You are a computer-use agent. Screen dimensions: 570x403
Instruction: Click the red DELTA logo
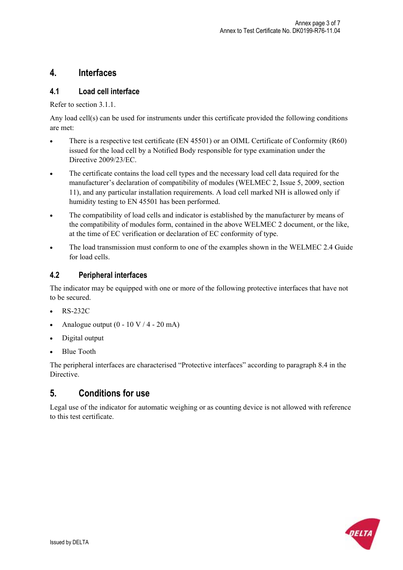click(x=362, y=533)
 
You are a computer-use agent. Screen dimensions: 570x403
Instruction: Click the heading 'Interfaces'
click(x=97, y=73)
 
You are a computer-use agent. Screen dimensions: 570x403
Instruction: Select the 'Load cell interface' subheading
click(x=109, y=92)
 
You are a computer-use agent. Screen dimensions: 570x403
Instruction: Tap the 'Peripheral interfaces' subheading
click(x=112, y=275)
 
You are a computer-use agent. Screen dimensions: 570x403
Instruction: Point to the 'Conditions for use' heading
click(x=114, y=394)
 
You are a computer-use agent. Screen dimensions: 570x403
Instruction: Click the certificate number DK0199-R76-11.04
click(x=316, y=31)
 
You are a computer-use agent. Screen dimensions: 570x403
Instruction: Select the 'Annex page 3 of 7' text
click(x=317, y=23)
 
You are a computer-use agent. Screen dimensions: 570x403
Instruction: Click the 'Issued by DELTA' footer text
click(x=69, y=543)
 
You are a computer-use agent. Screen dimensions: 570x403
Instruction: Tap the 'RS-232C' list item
click(x=76, y=311)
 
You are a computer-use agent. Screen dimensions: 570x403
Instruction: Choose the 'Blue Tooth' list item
click(x=79, y=352)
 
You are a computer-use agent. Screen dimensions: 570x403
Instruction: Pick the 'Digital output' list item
click(x=82, y=338)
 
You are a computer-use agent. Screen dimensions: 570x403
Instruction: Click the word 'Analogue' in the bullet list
click(x=75, y=325)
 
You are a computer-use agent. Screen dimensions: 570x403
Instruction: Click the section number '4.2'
click(x=54, y=275)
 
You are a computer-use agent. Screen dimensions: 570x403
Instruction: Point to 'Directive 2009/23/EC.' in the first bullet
click(x=103, y=160)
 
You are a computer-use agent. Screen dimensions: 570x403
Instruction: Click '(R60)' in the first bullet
click(x=338, y=141)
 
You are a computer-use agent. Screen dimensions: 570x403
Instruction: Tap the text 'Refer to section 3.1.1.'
click(x=82, y=105)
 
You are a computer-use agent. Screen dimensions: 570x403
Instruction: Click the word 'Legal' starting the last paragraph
click(x=58, y=407)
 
